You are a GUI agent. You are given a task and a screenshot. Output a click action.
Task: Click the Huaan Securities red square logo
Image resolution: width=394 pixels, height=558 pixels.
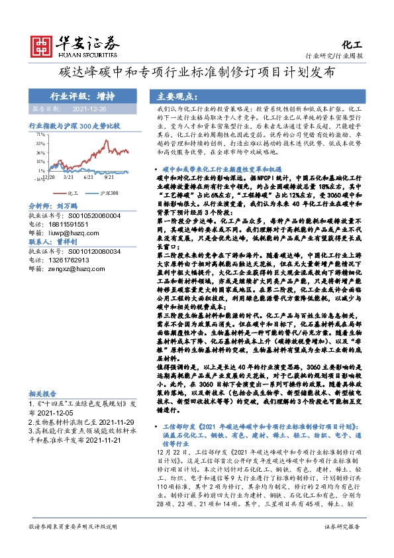[x=42, y=45]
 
